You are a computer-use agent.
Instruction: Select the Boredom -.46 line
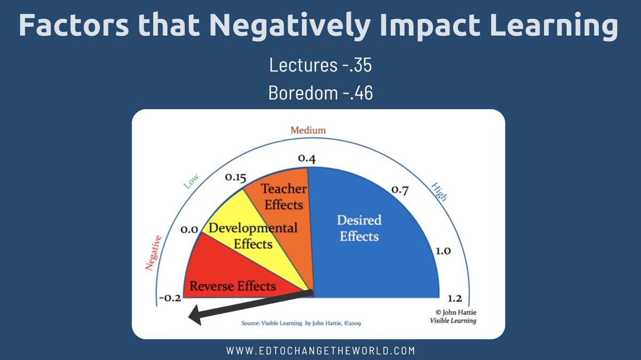pos(320,92)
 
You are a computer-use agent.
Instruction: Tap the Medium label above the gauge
pos(308,130)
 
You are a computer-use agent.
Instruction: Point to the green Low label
pos(191,183)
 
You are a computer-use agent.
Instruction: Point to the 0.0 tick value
pos(190,230)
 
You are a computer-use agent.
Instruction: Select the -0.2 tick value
pos(170,298)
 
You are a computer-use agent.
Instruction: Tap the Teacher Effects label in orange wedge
pos(283,197)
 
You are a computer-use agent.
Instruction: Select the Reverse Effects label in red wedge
pos(233,286)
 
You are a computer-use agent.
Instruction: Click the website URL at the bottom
pos(320,351)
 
